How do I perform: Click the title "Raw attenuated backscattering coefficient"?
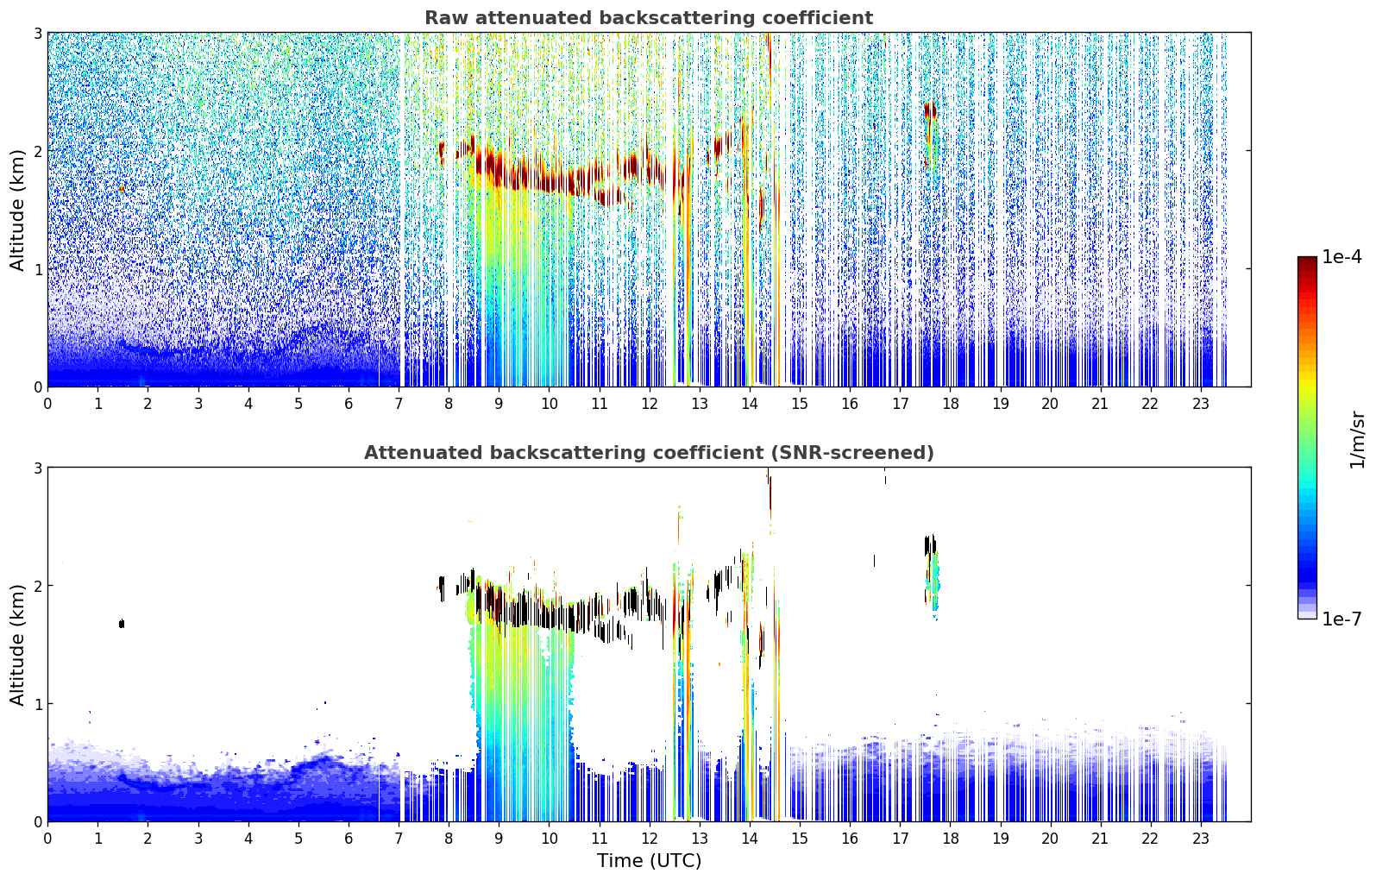pyautogui.click(x=649, y=18)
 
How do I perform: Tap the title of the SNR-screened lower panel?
pyautogui.click(x=649, y=452)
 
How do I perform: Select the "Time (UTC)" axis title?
pyautogui.click(x=649, y=860)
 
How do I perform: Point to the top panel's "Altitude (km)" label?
pyautogui.click(x=17, y=211)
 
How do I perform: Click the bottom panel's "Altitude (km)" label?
pyautogui.click(x=17, y=644)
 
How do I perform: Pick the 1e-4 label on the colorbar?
pyautogui.click(x=1341, y=257)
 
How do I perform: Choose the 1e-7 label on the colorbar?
pyautogui.click(x=1341, y=619)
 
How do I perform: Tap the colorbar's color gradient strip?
pyautogui.click(x=1307, y=437)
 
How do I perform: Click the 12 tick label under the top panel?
pyautogui.click(x=650, y=404)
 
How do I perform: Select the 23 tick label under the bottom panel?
pyautogui.click(x=1200, y=839)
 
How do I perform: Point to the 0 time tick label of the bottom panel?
pyautogui.click(x=48, y=839)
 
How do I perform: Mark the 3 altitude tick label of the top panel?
pyautogui.click(x=37, y=33)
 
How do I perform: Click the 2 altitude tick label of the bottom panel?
pyautogui.click(x=37, y=585)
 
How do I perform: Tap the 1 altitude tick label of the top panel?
pyautogui.click(x=37, y=268)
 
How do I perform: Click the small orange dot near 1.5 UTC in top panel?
pyautogui.click(x=122, y=189)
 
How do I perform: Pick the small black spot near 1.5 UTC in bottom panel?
pyautogui.click(x=122, y=624)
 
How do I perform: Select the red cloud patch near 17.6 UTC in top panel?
pyautogui.click(x=930, y=110)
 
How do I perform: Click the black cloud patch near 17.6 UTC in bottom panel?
pyautogui.click(x=930, y=545)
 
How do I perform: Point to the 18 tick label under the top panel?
pyautogui.click(x=951, y=404)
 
